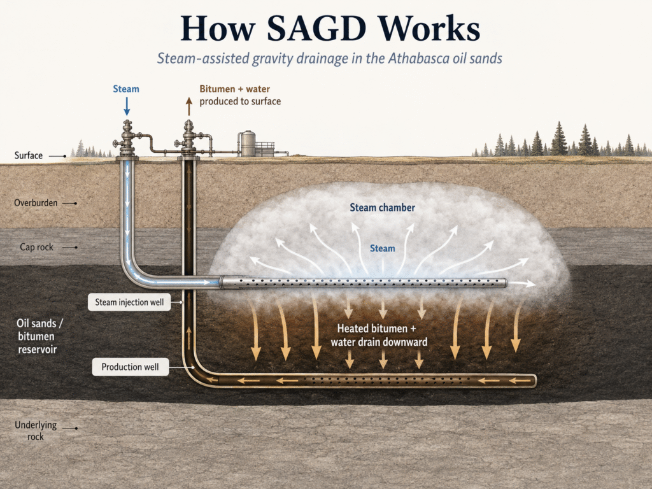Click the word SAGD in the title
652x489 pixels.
pyautogui.click(x=316, y=28)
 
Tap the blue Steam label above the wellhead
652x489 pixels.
pyautogui.click(x=126, y=89)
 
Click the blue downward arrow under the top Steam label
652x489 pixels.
pyautogui.click(x=127, y=106)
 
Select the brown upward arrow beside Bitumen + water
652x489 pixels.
pyautogui.click(x=189, y=106)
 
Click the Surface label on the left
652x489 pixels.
pyautogui.click(x=28, y=155)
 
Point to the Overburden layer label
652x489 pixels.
pyautogui.click(x=36, y=203)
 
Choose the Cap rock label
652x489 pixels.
pyautogui.click(x=36, y=247)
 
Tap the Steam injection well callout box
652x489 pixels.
pyautogui.click(x=129, y=302)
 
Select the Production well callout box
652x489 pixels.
pyautogui.click(x=130, y=367)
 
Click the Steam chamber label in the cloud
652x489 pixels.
pyautogui.click(x=382, y=208)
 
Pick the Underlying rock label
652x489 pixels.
pyautogui.click(x=36, y=431)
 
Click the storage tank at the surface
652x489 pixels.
pyautogui.click(x=248, y=144)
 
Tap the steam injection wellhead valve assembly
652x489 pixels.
pyautogui.click(x=127, y=138)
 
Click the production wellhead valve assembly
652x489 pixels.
pyautogui.click(x=188, y=138)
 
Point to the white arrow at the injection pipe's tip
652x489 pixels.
pyautogui.click(x=522, y=283)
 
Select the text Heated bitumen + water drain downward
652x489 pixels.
pyautogui.click(x=379, y=335)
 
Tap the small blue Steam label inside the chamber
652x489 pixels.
pyautogui.click(x=382, y=248)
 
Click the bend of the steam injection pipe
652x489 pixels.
pyautogui.click(x=132, y=273)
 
